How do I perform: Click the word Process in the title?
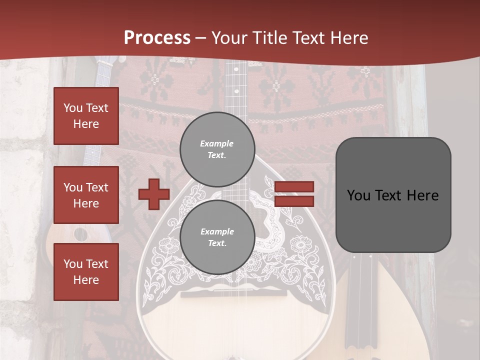(157, 38)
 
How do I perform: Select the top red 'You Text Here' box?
(86, 116)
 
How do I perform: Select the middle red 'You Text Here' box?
(86, 195)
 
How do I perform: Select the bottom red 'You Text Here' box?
(86, 272)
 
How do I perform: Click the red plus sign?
(154, 194)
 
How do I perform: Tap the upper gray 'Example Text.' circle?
(217, 149)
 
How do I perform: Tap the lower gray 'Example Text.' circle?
(217, 237)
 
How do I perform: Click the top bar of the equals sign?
(294, 187)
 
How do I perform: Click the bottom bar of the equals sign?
(294, 201)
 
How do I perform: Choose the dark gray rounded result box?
(393, 195)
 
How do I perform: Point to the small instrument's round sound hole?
(80, 233)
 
